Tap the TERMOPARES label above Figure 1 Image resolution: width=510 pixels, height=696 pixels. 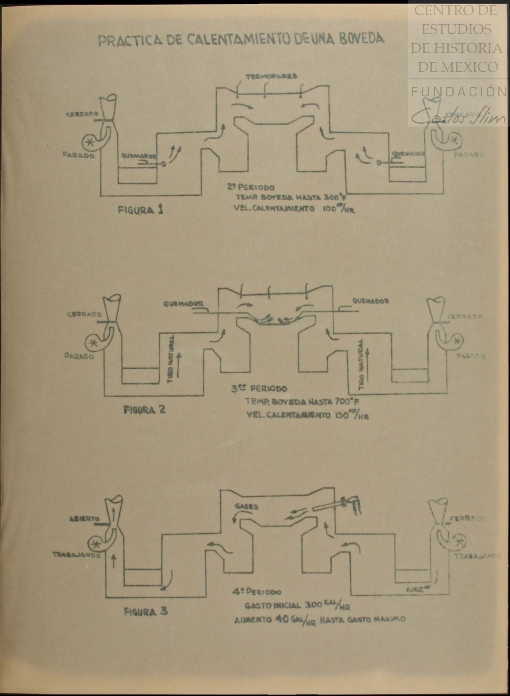coord(271,76)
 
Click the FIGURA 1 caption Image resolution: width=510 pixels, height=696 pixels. coord(140,210)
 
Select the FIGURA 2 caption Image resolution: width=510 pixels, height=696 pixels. coord(144,410)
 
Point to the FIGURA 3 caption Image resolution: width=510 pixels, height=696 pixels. coord(146,612)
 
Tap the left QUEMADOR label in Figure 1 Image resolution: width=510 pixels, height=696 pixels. coord(139,156)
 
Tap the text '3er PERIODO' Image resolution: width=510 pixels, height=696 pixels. coord(259,389)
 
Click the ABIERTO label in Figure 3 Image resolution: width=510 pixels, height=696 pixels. coord(85,519)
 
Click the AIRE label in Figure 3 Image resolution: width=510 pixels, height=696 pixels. coord(415,589)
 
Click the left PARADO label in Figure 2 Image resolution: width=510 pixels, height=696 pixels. coord(79,356)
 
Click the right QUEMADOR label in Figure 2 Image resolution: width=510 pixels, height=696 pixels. coord(370,301)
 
